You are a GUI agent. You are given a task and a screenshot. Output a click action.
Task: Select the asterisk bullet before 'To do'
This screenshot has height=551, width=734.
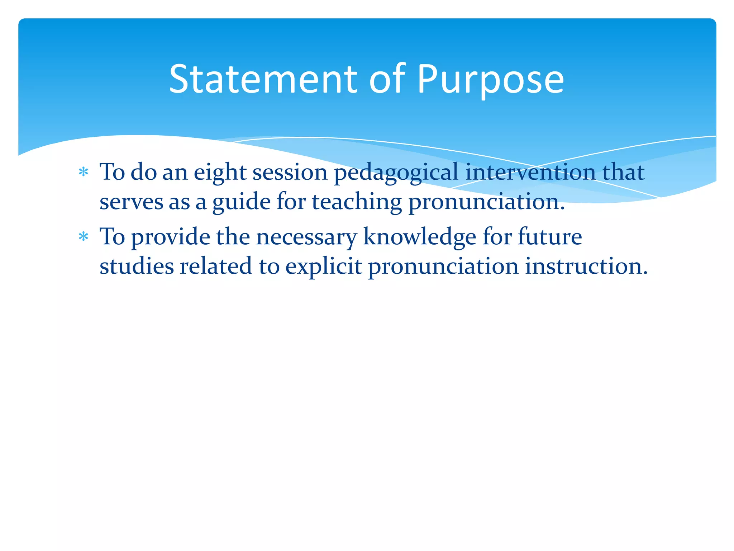[x=84, y=173]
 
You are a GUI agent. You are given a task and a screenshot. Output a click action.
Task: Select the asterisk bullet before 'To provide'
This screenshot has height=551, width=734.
[x=84, y=237]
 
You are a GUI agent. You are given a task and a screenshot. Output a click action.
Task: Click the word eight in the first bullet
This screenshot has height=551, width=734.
[x=220, y=173]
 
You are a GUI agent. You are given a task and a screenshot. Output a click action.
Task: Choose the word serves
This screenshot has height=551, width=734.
[x=131, y=202]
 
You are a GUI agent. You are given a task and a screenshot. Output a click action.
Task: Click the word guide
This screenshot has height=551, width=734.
[x=242, y=202]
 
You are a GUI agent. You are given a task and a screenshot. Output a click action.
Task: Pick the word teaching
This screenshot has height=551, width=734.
[x=357, y=202]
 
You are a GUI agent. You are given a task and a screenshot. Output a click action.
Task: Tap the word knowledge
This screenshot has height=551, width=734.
[x=419, y=237]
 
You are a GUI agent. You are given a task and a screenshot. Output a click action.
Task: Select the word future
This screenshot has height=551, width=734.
[x=550, y=237]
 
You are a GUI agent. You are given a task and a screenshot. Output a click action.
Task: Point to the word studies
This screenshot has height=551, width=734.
[x=136, y=266]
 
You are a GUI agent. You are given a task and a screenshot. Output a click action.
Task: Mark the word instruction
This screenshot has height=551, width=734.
[x=586, y=266]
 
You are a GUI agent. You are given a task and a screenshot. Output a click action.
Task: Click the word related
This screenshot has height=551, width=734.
[x=216, y=266]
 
